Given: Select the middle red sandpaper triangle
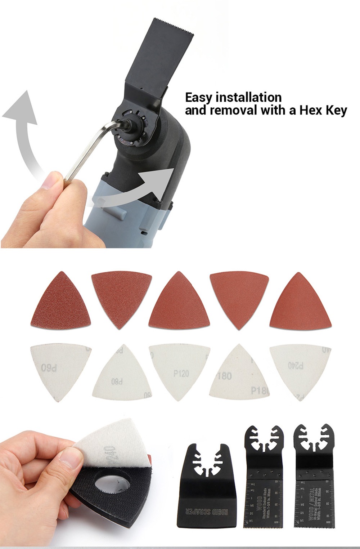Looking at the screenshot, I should pyautogui.click(x=179, y=303).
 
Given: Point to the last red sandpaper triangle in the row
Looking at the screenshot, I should pyautogui.click(x=300, y=303).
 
